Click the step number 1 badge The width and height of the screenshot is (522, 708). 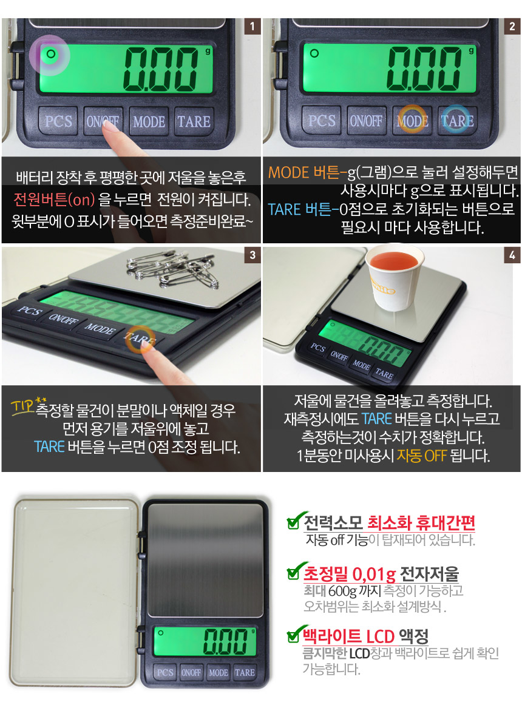point(253,27)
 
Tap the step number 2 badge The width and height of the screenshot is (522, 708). point(512,27)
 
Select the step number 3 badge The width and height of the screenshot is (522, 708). point(253,255)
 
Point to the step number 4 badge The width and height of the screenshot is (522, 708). point(512,255)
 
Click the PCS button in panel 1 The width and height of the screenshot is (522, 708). point(58,121)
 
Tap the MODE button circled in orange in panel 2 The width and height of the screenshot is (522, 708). point(412,120)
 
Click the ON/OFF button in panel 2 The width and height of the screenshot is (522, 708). point(366,121)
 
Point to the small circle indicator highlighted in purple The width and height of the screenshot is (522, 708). point(50,54)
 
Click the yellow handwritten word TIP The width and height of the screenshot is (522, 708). point(22,406)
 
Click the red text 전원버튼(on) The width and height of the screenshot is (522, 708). point(54,199)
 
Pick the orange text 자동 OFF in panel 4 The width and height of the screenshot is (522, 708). point(421,456)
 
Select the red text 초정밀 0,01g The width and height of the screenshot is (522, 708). point(350,574)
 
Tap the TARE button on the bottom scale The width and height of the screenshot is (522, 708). point(245,672)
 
